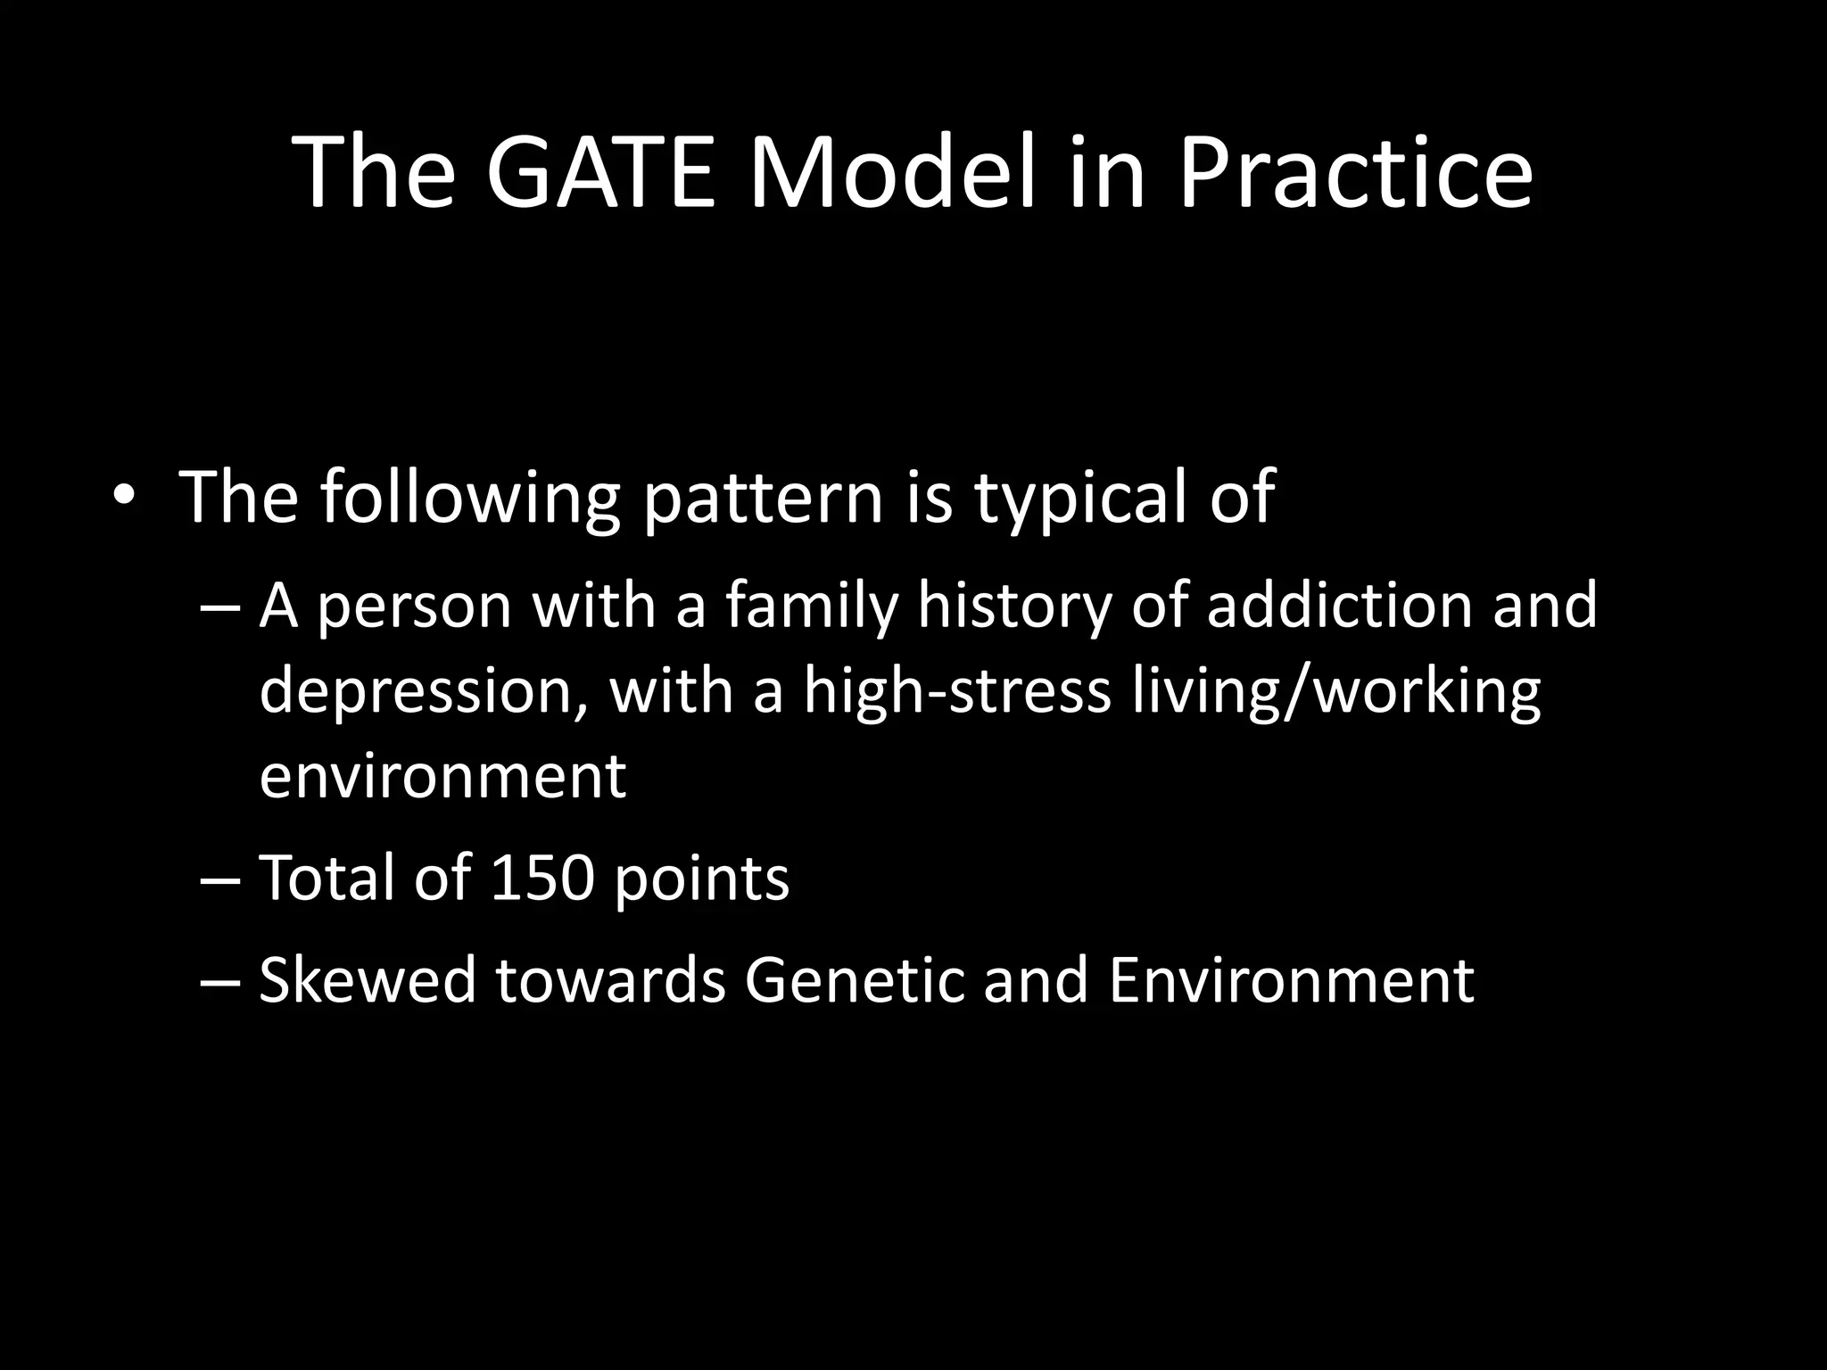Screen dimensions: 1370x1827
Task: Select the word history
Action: pos(1015,607)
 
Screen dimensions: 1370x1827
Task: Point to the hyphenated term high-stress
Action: pos(956,692)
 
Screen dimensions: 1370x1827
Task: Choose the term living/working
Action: pos(1336,692)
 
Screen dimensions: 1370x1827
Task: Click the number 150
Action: pos(541,878)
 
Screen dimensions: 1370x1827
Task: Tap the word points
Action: pos(701,879)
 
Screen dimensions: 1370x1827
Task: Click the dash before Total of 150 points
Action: pos(220,879)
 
